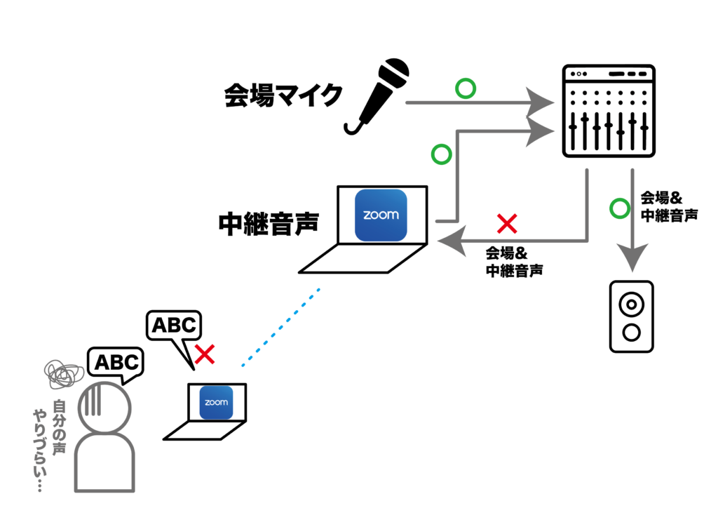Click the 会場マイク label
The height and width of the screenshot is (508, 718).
pos(283,95)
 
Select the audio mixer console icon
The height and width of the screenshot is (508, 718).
pos(609,111)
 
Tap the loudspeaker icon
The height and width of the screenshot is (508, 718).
pos(631,316)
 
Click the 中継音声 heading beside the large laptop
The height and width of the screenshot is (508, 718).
pos(269,223)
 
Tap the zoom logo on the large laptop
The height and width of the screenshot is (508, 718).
pos(381,215)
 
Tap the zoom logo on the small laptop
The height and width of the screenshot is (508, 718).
pos(216,403)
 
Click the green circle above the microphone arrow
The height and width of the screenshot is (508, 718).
pos(465,89)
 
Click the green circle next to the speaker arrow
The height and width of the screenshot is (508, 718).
pos(619,208)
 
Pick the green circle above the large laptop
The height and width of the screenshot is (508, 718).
pos(441,154)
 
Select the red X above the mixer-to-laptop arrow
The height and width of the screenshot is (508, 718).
pos(506,225)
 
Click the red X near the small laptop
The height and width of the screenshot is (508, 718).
pos(204,354)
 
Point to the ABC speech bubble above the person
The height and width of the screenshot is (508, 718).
pos(116,363)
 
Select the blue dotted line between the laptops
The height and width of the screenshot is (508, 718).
pos(280,327)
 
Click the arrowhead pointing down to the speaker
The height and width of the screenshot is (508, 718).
pos(632,260)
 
